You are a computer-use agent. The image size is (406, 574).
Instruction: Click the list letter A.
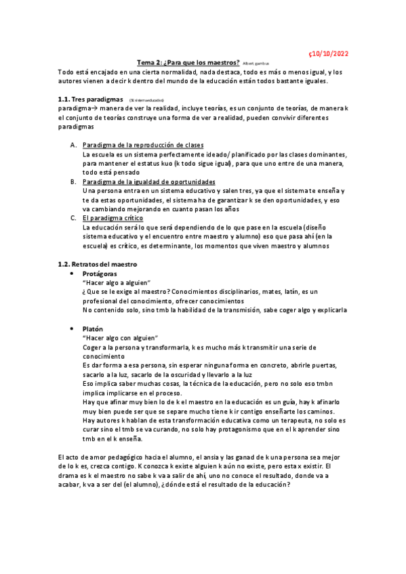coord(73,145)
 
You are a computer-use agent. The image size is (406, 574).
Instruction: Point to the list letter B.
coord(73,181)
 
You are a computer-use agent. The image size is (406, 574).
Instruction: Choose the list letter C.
coord(73,218)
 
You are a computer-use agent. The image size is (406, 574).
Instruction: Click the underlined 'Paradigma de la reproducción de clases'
coord(143,145)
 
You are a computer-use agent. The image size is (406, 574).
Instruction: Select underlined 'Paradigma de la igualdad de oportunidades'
coord(148,181)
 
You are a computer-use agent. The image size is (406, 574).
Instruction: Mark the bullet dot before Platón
coord(73,328)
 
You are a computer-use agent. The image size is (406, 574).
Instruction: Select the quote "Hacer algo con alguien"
coord(119,338)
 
